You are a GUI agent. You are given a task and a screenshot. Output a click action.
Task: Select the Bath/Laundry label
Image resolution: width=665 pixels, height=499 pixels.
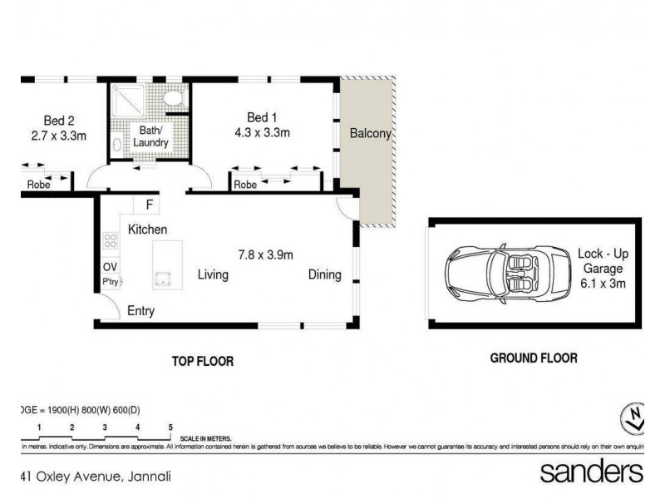tap(150, 136)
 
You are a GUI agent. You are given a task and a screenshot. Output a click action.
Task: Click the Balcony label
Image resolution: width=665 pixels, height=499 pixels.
tap(370, 133)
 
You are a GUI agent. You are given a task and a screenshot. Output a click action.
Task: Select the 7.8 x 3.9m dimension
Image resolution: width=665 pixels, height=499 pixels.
tap(265, 254)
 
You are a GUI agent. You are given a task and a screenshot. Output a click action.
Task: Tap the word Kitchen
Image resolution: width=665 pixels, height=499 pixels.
tap(148, 229)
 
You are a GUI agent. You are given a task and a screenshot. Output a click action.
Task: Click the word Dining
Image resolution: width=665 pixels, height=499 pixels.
tap(324, 274)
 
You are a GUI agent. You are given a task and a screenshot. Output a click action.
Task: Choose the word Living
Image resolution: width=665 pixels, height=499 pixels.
tap(212, 274)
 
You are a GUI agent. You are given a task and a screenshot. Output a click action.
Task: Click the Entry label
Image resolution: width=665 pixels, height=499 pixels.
tap(140, 311)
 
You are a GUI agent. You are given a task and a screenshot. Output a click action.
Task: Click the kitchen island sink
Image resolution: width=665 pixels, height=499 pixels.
tap(161, 276)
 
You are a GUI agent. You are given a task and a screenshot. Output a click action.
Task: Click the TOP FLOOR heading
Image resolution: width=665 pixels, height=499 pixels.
tap(202, 361)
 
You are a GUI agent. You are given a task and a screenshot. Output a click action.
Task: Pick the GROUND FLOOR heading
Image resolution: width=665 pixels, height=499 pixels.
tap(533, 358)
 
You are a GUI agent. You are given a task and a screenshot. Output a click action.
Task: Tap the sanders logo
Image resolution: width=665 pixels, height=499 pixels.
tap(591, 472)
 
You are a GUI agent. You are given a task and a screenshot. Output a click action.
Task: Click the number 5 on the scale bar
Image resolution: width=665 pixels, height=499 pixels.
tap(170, 427)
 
